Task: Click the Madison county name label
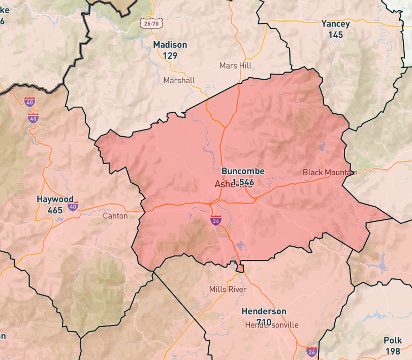(x=170, y=45)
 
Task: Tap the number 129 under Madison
(x=170, y=55)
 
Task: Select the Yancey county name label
(x=335, y=24)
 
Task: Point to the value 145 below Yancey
(x=335, y=35)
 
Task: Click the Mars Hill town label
(x=236, y=66)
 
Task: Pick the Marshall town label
(x=179, y=80)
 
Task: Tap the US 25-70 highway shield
(x=147, y=23)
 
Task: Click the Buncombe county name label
(x=243, y=171)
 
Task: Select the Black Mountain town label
(x=330, y=172)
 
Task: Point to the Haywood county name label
(x=55, y=199)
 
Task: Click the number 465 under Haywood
(x=55, y=210)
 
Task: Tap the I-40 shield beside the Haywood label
(x=73, y=207)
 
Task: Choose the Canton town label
(x=115, y=216)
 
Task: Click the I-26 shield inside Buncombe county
(x=216, y=220)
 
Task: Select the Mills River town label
(x=228, y=289)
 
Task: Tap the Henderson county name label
(x=264, y=311)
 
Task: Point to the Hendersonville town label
(x=271, y=325)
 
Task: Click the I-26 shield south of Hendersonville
(x=311, y=351)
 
